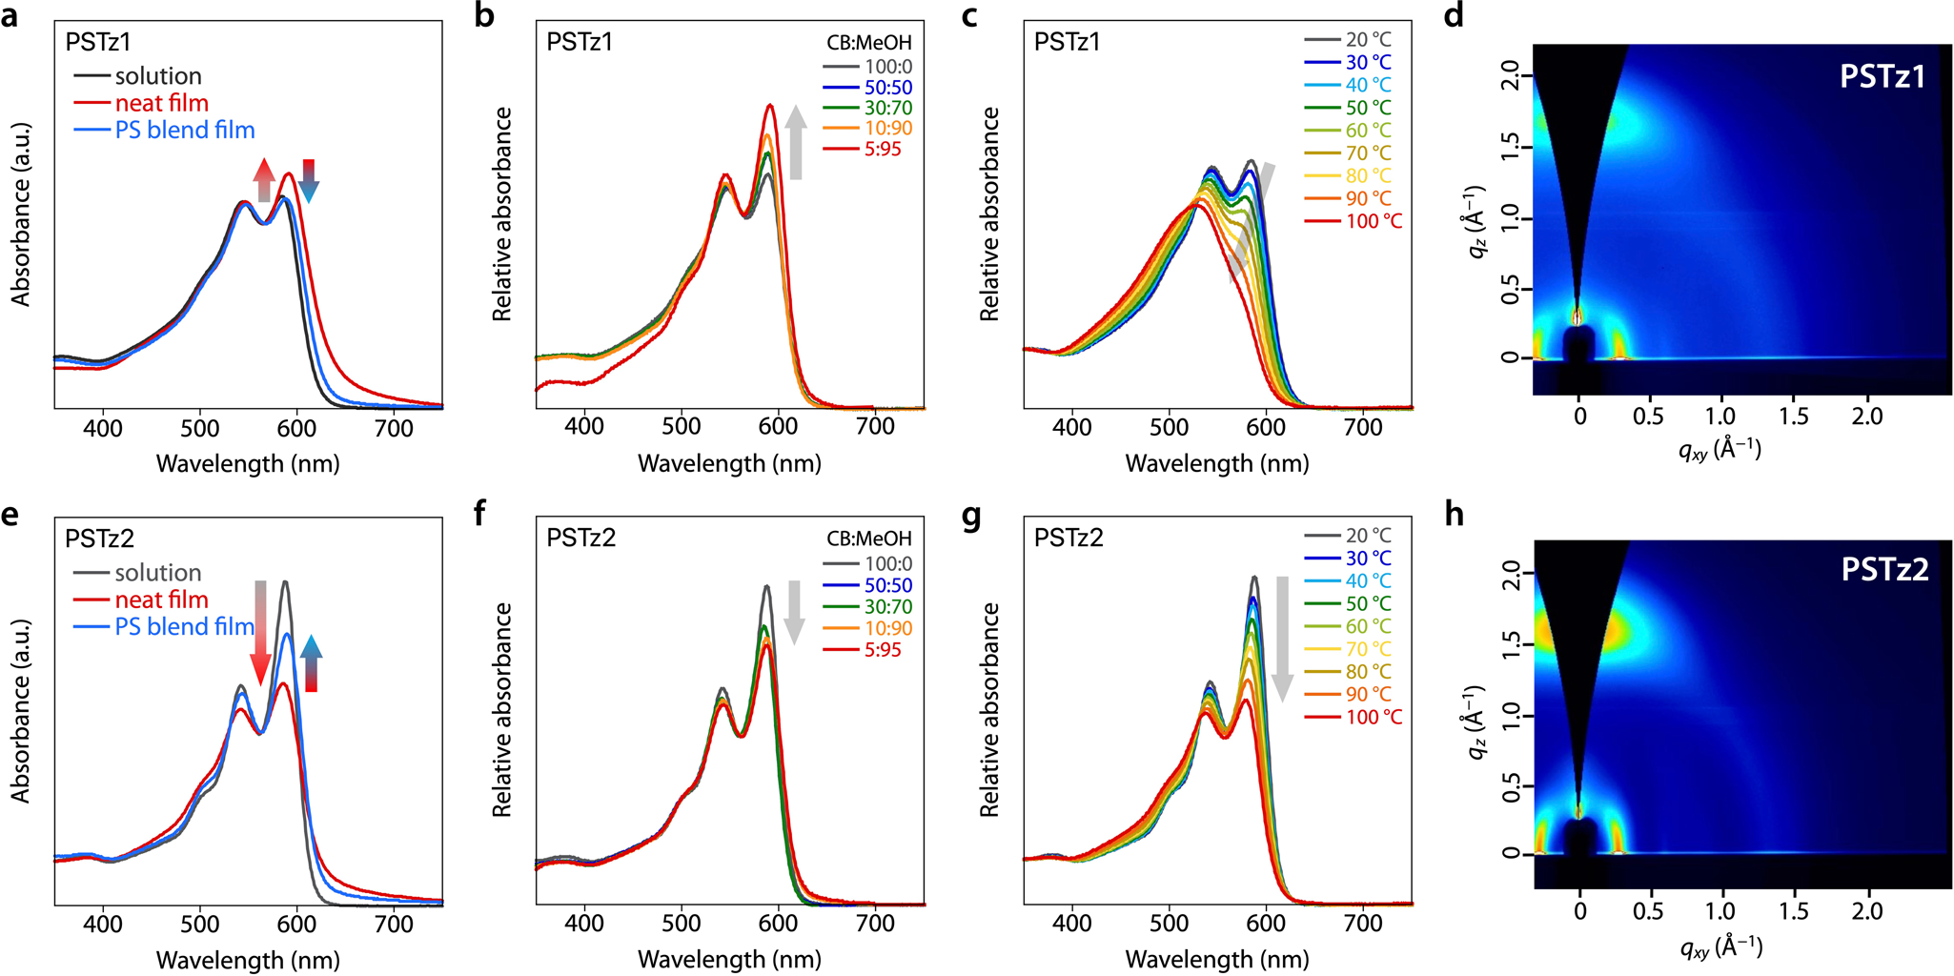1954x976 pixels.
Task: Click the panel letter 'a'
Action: tap(10, 17)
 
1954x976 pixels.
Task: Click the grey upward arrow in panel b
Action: tap(796, 143)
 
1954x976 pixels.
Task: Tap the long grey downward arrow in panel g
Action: tap(1282, 639)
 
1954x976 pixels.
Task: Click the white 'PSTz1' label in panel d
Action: tap(1883, 76)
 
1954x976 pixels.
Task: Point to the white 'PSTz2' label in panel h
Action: tap(1884, 570)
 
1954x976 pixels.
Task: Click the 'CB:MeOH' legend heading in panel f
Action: tap(868, 539)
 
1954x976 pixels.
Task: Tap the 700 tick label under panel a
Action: tap(394, 429)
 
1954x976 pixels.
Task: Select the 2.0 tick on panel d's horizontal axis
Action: tap(1867, 417)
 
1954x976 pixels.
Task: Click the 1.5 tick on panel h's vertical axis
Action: tap(1512, 644)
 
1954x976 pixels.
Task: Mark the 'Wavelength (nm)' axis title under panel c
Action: tap(1217, 464)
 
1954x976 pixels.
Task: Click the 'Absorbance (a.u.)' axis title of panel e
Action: tap(21, 711)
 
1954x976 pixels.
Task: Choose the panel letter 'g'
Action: tap(971, 516)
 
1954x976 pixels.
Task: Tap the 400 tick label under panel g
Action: tap(1072, 924)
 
